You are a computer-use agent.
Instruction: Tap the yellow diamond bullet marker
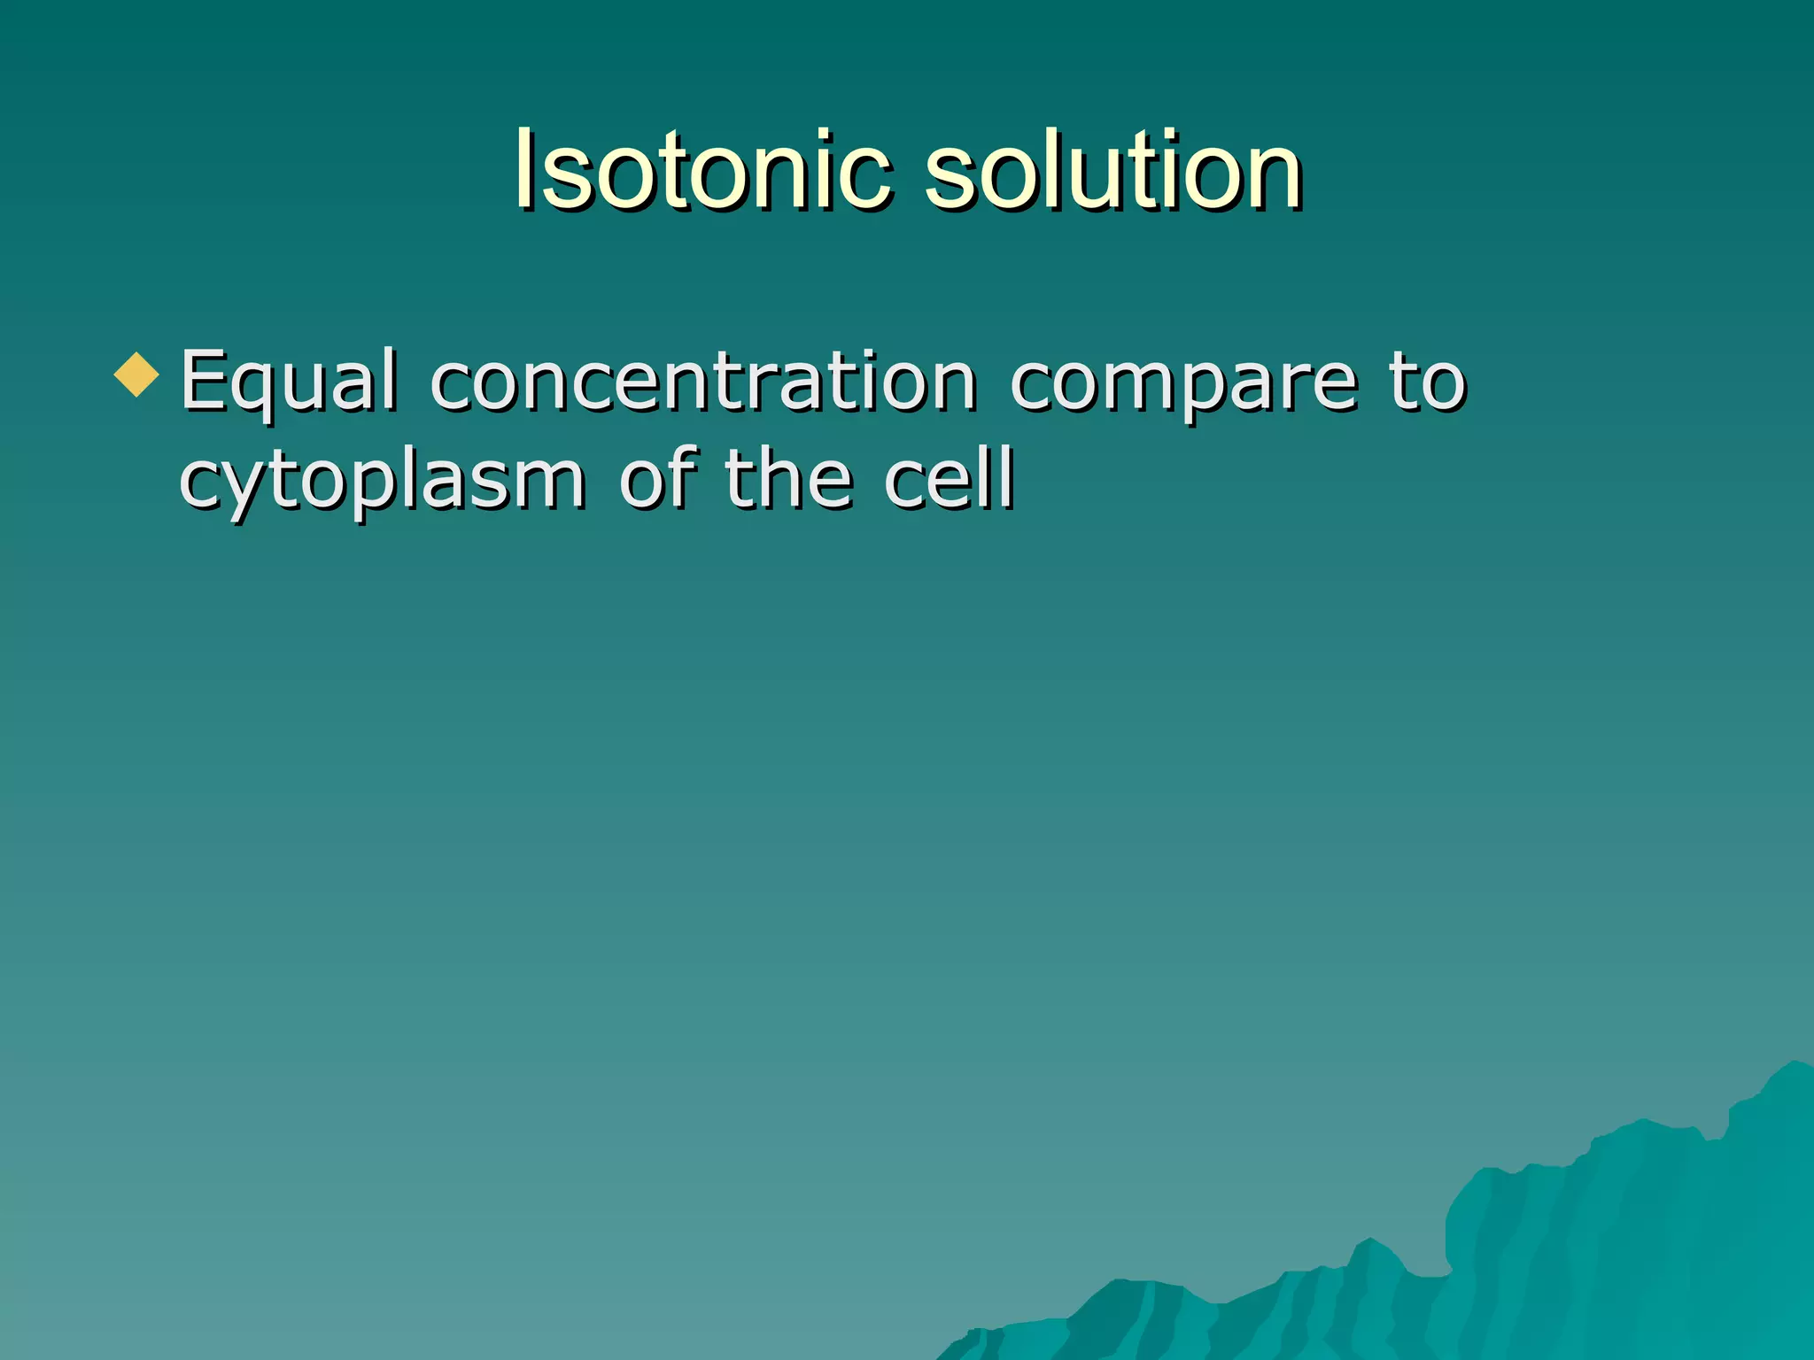coord(137,375)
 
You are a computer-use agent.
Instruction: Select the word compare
coord(1182,382)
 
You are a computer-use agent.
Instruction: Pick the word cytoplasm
coord(382,481)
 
